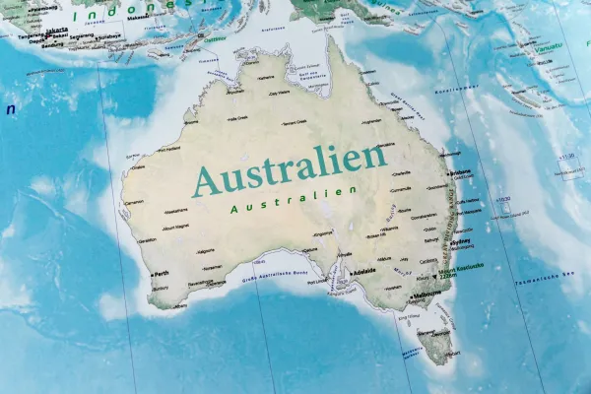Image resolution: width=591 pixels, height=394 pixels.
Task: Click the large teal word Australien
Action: click(x=290, y=169)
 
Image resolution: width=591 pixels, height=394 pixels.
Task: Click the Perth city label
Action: click(x=162, y=274)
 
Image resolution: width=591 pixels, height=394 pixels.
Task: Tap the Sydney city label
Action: click(x=464, y=241)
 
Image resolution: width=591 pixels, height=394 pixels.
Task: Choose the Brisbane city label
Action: click(x=460, y=173)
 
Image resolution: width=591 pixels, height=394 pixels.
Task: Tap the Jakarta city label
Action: click(x=57, y=30)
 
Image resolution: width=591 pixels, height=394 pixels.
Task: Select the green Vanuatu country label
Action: click(x=547, y=47)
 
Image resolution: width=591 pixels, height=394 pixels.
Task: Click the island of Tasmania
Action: click(x=434, y=345)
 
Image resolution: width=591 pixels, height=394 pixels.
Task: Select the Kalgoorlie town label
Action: click(x=206, y=250)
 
